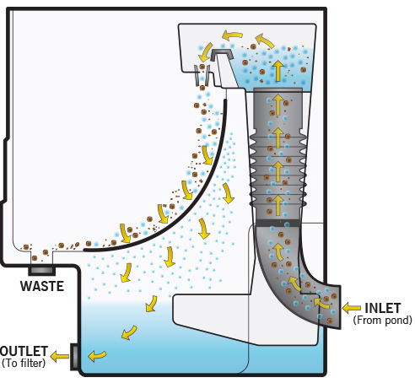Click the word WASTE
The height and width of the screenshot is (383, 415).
(42, 286)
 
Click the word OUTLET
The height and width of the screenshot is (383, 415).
(24, 351)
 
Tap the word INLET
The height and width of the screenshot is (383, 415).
(383, 308)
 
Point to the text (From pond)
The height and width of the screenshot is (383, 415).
(383, 320)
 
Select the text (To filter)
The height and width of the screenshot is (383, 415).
(24, 363)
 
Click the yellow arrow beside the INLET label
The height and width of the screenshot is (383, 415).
(352, 308)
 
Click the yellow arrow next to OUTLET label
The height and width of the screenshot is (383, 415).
(60, 357)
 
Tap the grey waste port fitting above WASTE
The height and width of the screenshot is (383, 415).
(41, 271)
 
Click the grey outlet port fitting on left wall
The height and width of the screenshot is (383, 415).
(74, 357)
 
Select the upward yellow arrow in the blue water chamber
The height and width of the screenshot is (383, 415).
(278, 71)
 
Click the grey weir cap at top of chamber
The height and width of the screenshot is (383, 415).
(222, 55)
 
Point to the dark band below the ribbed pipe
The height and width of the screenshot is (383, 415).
(278, 223)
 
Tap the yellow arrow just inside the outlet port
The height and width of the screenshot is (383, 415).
(97, 356)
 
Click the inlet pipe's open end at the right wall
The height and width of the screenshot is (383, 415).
(337, 307)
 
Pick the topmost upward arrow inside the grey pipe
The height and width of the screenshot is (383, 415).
(278, 105)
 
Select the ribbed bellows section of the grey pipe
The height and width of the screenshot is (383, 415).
(278, 169)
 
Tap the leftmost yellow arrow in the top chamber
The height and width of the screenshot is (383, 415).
(205, 52)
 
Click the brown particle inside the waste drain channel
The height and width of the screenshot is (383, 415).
(35, 258)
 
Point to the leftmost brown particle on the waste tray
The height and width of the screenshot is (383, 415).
(26, 247)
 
